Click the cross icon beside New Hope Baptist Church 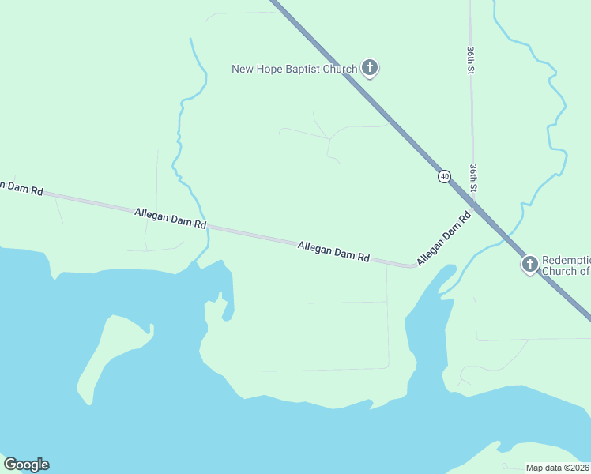click(x=369, y=68)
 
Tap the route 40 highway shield click(x=445, y=176)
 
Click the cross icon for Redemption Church click(x=529, y=264)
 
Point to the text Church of click(x=566, y=271)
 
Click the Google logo click(x=26, y=465)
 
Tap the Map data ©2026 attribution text click(x=557, y=468)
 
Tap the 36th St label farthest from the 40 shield click(x=470, y=60)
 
